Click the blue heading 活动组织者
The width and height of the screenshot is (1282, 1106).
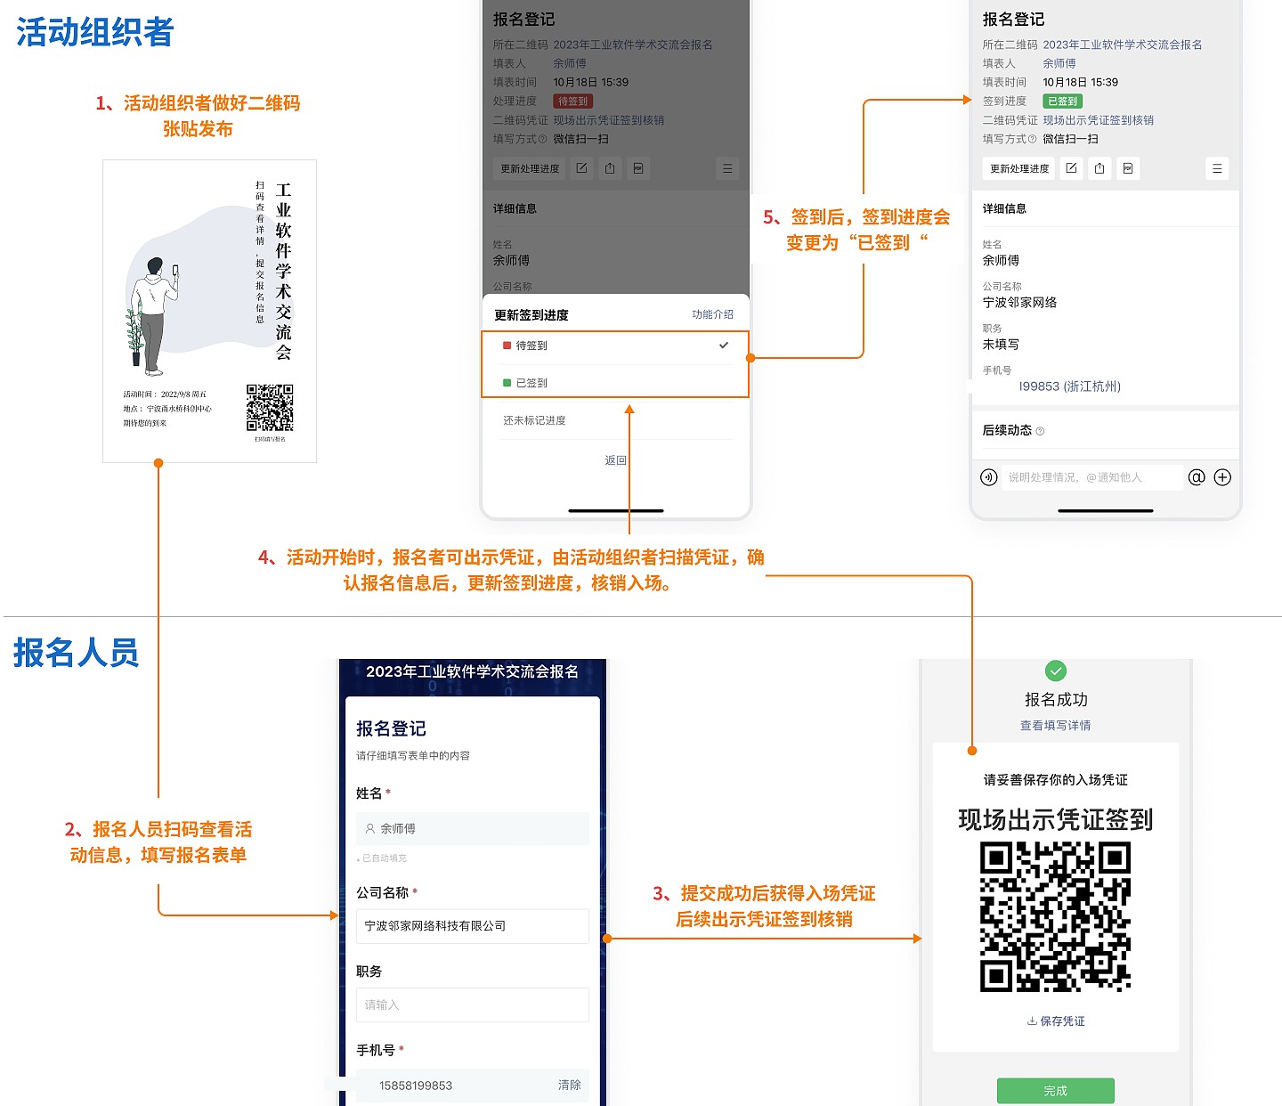[x=94, y=33]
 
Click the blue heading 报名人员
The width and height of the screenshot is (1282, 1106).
[x=76, y=653]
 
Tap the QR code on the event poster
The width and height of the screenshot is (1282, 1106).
[x=270, y=408]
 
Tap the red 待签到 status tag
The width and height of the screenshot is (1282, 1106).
[x=572, y=102]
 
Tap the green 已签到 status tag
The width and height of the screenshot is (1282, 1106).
[x=1062, y=102]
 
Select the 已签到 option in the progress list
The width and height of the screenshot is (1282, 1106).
[x=532, y=383]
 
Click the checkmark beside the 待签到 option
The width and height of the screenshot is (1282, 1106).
[x=724, y=346]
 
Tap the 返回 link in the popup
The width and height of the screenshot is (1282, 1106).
[x=616, y=460]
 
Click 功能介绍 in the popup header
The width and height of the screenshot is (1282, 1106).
[x=712, y=314]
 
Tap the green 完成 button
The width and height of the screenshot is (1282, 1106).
[x=1055, y=1091]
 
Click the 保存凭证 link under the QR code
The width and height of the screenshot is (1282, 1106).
[x=1056, y=1021]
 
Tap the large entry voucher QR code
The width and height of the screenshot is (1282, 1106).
[x=1055, y=917]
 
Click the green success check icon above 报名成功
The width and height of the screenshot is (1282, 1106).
[x=1055, y=671]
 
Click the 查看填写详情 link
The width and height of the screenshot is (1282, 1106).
[x=1055, y=726]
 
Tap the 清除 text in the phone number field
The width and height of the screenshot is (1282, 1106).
[x=569, y=1085]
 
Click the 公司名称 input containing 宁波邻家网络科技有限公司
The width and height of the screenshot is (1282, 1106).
[x=472, y=926]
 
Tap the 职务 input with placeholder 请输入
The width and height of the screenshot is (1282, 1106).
[x=472, y=1004]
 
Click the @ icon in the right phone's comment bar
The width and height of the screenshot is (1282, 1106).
[x=1197, y=477]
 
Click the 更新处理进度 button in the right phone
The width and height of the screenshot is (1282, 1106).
[x=1019, y=168]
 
